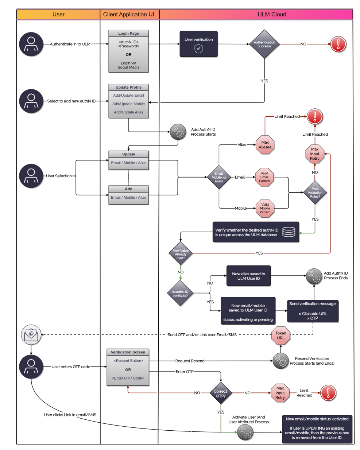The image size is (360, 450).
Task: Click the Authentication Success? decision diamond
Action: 264,44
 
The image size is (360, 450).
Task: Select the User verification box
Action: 198,44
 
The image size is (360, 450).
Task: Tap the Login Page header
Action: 128,34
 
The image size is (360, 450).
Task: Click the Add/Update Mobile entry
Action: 128,104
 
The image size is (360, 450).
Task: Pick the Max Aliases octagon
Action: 265,145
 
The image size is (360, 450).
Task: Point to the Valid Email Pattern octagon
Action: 264,177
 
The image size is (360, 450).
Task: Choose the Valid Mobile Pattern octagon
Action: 265,208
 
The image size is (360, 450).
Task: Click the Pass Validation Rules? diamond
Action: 315,193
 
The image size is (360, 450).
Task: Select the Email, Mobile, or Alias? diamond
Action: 219,177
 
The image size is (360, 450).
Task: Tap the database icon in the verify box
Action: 289,232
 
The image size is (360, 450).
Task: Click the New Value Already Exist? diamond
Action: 181,254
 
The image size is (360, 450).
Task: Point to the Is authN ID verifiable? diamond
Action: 180,293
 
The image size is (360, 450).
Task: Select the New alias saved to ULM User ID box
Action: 248,276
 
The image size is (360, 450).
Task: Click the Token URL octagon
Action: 280,335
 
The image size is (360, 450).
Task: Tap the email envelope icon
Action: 31,334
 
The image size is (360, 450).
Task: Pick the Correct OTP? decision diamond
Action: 220,393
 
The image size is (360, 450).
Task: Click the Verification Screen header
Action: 128,352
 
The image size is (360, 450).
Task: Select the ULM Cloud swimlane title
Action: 272,15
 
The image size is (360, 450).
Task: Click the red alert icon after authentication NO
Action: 338,44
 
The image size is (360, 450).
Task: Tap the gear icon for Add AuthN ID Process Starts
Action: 178,132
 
